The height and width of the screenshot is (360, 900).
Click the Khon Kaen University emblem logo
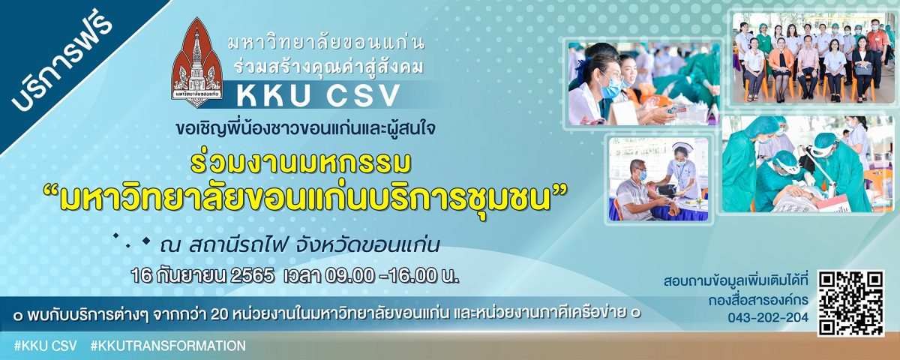point(196,62)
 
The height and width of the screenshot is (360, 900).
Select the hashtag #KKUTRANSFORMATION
point(168,346)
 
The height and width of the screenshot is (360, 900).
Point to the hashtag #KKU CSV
point(45,346)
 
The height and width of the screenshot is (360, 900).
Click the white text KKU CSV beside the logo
point(318,94)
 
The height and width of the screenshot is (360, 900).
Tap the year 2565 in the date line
point(252,277)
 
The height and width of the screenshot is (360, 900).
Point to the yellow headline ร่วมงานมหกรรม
point(301,162)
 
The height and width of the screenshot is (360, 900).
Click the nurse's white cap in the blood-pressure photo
point(682,147)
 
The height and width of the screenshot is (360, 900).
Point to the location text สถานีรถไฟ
point(238,244)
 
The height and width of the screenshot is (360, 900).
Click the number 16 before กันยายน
point(140,277)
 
